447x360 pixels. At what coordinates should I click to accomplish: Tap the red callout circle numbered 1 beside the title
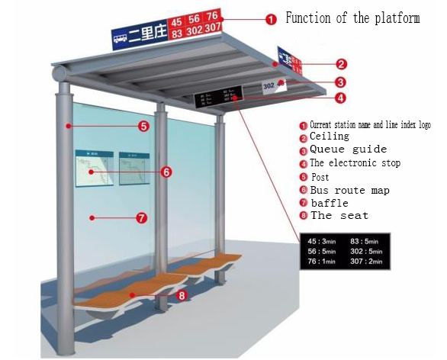pos(272,20)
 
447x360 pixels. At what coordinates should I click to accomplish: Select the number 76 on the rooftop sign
pos(213,16)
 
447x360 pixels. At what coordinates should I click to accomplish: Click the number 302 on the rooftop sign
pos(195,31)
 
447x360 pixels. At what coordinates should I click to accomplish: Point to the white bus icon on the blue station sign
pos(121,37)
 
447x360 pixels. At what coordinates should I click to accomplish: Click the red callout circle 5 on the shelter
pos(143,126)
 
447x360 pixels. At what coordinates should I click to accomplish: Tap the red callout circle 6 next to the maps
pos(166,172)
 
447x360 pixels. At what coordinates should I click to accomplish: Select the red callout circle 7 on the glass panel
pos(141,218)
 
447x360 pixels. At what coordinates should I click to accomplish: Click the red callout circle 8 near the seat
pos(181,295)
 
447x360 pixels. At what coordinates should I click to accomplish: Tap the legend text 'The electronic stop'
pos(355,163)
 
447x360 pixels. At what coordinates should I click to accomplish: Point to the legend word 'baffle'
pos(330,204)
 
